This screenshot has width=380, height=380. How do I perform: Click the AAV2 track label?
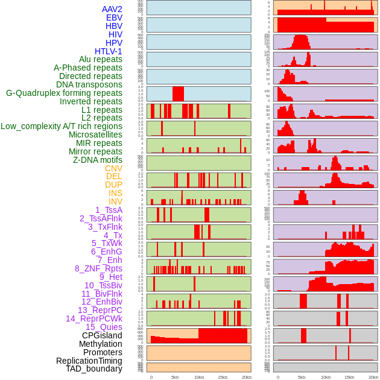point(112,9)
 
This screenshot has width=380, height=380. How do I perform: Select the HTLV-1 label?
point(108,51)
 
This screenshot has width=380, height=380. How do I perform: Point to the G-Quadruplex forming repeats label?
point(64,93)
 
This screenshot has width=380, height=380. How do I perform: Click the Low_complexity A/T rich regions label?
point(62,126)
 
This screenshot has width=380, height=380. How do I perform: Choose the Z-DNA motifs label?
point(97,160)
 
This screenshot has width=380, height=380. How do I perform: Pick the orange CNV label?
point(113,168)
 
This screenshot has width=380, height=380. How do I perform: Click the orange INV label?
point(115,201)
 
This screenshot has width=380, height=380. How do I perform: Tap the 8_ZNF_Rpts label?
point(98,268)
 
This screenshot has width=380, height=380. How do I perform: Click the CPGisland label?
point(102,335)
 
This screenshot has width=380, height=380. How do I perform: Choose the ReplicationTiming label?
point(89,361)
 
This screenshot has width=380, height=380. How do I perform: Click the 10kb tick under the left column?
point(198,377)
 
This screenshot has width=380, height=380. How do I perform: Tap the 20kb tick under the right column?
point(373,377)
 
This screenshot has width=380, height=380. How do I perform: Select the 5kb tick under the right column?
point(302,377)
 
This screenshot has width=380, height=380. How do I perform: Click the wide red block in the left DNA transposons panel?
point(178,94)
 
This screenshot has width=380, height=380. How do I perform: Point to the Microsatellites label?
point(95,135)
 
